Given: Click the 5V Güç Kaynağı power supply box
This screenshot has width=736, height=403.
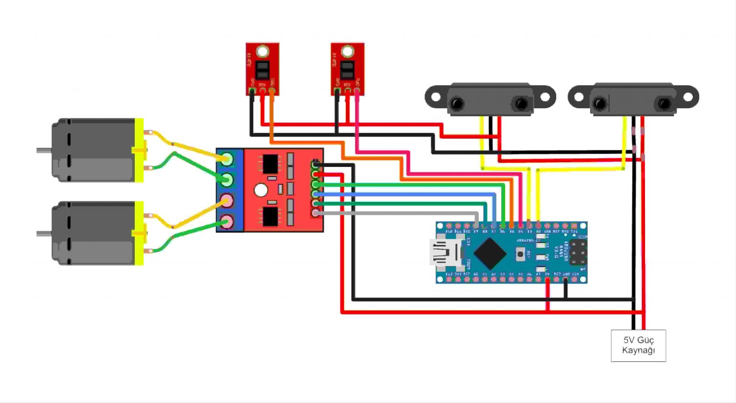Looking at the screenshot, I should point(638,345).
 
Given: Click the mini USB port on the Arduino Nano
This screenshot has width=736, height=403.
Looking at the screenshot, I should point(444,253).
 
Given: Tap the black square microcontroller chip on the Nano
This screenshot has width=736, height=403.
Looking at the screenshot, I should point(490,253).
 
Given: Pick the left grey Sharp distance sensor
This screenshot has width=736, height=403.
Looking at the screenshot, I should point(490,99).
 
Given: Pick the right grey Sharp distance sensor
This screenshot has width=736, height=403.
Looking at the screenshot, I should point(633,99).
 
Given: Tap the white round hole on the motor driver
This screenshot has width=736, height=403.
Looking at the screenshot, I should point(261,190).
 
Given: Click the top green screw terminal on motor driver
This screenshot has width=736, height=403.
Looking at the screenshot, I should point(227,159).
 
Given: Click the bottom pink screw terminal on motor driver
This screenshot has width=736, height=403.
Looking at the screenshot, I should point(227,222).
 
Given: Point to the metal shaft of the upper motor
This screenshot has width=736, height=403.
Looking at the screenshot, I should point(44,150).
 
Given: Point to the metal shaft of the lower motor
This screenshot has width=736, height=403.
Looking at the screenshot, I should point(44,234).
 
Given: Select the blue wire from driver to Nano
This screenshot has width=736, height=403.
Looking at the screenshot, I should point(407,194).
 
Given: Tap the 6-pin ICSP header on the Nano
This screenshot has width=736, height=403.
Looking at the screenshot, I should point(578,252).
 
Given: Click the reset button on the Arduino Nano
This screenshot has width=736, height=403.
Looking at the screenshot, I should point(520,254).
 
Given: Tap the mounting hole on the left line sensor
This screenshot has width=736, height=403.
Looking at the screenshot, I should point(263,51).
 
